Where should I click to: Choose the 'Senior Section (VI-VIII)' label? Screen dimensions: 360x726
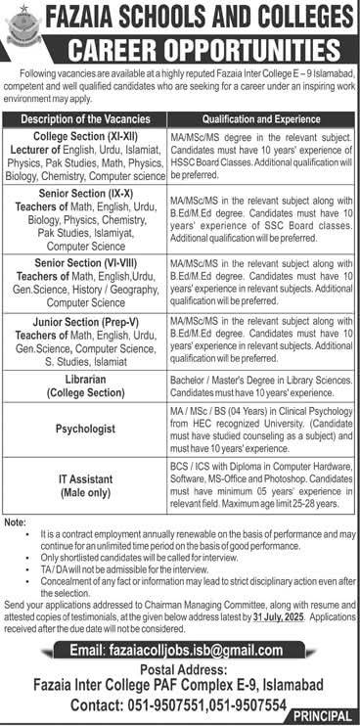click(x=89, y=262)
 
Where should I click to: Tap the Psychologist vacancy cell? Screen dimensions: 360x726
click(x=89, y=427)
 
